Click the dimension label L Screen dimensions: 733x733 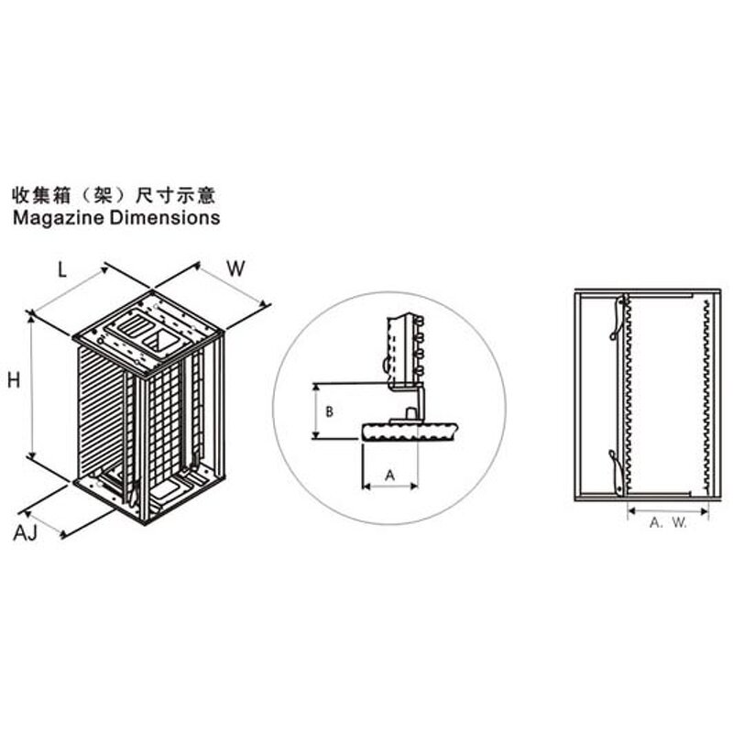point(62,269)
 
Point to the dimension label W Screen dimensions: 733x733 point(235,269)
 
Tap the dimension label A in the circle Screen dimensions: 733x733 point(389,475)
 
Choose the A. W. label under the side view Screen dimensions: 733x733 point(668,522)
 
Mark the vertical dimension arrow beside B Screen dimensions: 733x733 point(317,410)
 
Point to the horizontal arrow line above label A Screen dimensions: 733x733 point(390,487)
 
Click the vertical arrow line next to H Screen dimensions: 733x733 point(34,385)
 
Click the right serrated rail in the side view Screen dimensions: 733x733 point(705,394)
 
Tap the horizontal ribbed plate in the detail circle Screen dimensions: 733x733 point(408,432)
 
